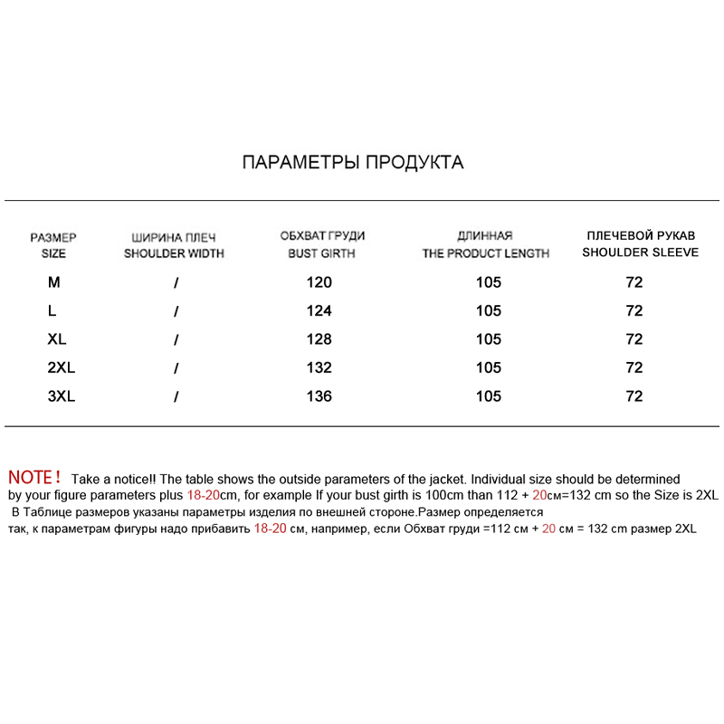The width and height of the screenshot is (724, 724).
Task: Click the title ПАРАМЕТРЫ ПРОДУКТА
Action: tap(353, 163)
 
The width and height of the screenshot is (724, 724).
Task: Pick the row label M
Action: tap(54, 282)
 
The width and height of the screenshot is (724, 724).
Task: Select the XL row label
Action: tap(56, 339)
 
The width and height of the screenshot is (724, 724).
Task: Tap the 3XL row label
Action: tap(61, 396)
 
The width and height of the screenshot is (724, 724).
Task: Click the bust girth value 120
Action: tap(319, 282)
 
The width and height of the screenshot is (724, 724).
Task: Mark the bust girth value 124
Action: tap(319, 311)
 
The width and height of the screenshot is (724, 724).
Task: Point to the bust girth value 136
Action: tap(319, 396)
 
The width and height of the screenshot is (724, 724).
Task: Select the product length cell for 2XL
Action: tap(488, 368)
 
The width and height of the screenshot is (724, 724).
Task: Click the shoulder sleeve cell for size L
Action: tap(634, 311)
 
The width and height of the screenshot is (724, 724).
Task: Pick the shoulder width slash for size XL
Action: tap(176, 340)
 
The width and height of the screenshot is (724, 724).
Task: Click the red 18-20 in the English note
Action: tap(209, 496)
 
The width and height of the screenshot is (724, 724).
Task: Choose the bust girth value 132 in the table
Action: tap(319, 368)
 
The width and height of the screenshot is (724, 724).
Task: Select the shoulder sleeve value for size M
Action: tap(634, 282)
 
